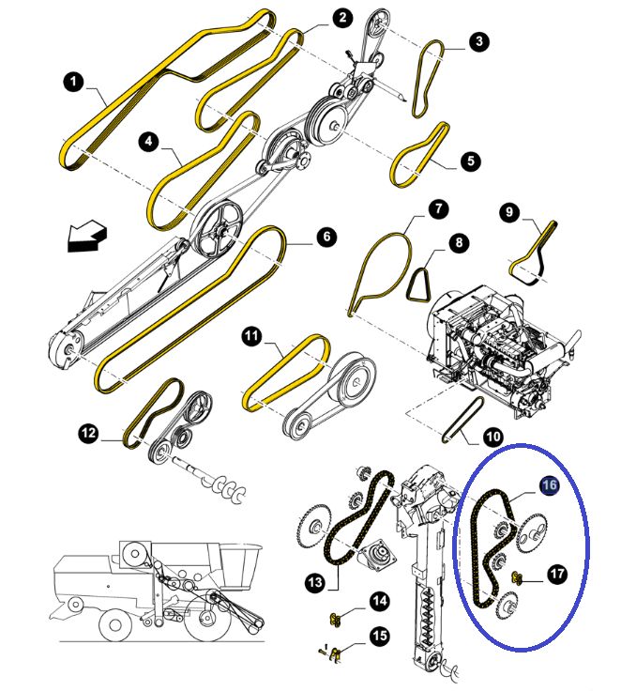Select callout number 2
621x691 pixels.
(x=341, y=18)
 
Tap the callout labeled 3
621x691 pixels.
(x=479, y=41)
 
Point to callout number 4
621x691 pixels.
(x=149, y=142)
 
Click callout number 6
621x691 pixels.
(x=325, y=238)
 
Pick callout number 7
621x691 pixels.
(x=436, y=207)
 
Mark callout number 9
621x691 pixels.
(x=509, y=213)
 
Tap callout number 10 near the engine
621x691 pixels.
(x=492, y=436)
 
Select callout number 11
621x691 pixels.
(x=251, y=335)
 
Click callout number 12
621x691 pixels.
(x=88, y=433)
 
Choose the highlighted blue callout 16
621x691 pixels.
(x=549, y=484)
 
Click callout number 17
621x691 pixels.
(x=556, y=574)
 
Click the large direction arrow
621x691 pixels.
(x=83, y=238)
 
